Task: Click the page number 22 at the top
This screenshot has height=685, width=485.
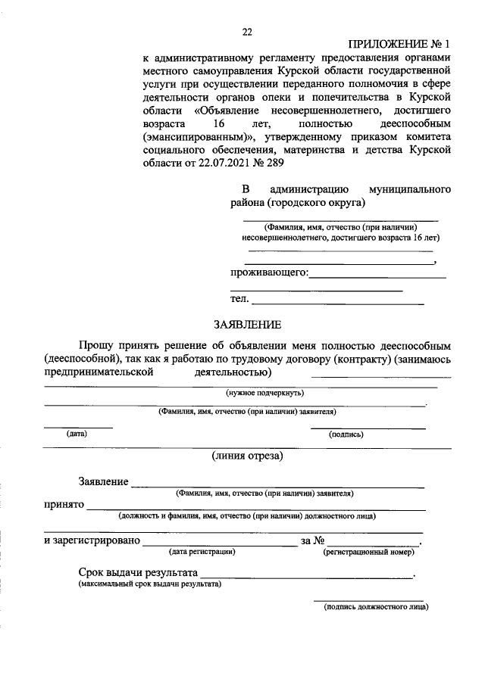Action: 246,31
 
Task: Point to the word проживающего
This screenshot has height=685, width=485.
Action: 269,272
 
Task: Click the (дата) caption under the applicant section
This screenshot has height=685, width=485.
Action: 77,434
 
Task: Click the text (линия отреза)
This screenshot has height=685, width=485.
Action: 247,456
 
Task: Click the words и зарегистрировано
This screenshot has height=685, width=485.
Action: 92,540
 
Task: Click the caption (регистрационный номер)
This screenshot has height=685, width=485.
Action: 368,552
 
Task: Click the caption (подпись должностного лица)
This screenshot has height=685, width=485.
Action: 375,606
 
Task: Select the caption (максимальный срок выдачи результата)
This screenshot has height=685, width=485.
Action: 149,584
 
